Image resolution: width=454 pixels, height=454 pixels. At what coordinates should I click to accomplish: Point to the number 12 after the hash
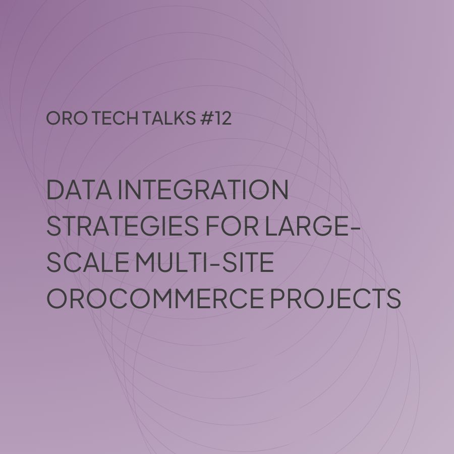click(x=223, y=118)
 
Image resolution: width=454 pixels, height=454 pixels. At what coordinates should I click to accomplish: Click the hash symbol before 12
click(x=207, y=118)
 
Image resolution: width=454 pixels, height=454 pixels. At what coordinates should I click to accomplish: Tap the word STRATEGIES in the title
click(x=123, y=225)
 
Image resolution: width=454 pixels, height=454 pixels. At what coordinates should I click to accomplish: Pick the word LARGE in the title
click(x=307, y=225)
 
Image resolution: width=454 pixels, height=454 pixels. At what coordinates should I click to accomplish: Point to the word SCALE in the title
click(x=87, y=262)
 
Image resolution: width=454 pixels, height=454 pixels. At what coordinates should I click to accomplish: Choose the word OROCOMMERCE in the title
click(x=155, y=298)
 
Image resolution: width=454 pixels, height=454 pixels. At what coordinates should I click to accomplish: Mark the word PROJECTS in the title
click(x=335, y=298)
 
